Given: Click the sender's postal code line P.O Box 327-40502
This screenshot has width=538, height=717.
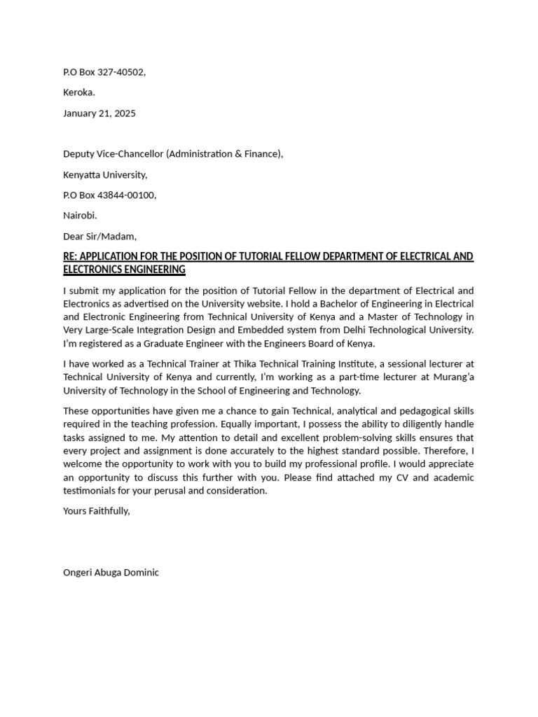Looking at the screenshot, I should [x=104, y=72].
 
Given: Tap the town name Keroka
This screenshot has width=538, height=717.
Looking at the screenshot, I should [x=78, y=92].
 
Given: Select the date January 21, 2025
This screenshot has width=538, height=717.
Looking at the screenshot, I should [x=99, y=113].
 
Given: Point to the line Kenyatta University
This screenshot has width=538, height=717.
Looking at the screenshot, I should [x=105, y=175].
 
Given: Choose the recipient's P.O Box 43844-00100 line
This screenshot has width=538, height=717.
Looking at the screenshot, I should [x=109, y=195].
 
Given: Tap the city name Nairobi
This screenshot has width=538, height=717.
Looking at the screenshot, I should [x=80, y=216].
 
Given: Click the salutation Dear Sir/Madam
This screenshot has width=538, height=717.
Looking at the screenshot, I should [x=99, y=237].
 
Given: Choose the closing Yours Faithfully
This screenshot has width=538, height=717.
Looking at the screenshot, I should [x=97, y=511].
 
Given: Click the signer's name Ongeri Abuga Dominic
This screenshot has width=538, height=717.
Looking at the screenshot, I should [x=111, y=573].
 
